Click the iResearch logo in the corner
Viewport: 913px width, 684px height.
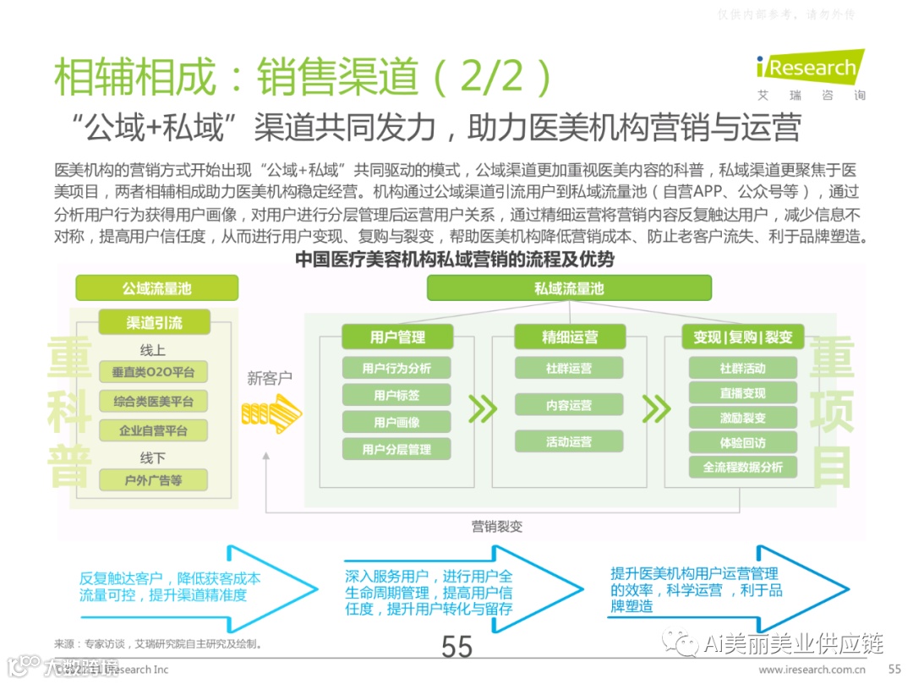point(810,69)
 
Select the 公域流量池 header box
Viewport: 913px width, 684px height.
point(156,288)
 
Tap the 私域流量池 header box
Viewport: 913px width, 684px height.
point(568,288)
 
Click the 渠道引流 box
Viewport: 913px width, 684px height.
point(154,322)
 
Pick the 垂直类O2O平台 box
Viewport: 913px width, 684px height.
point(153,372)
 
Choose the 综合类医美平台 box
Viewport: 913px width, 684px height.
point(153,401)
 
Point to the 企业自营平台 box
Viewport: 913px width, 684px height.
point(153,430)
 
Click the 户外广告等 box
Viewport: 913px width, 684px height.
point(153,480)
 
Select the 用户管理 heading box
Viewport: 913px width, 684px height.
point(396,337)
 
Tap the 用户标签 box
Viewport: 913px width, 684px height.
point(396,395)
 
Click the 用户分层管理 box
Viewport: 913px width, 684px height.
point(396,449)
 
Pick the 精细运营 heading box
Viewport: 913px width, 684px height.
point(569,337)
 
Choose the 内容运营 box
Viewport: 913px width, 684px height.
point(569,405)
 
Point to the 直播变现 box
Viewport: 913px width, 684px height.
point(743,393)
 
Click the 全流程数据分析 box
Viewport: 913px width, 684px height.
point(743,467)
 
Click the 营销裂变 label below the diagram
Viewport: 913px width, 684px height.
point(497,526)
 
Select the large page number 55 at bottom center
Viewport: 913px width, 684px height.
point(456,647)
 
